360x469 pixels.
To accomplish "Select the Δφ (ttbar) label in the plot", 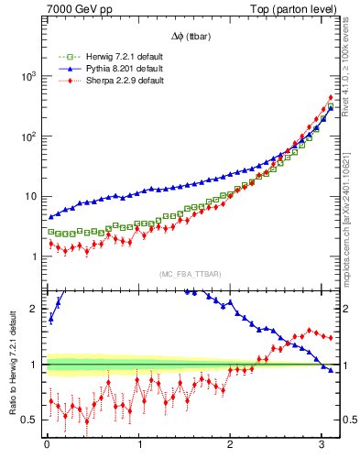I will [x=189, y=36].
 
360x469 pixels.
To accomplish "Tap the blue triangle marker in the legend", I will [x=63, y=69].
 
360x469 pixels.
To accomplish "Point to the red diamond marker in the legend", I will [x=63, y=81].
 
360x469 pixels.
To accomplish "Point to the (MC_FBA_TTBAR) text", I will [x=189, y=275].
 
